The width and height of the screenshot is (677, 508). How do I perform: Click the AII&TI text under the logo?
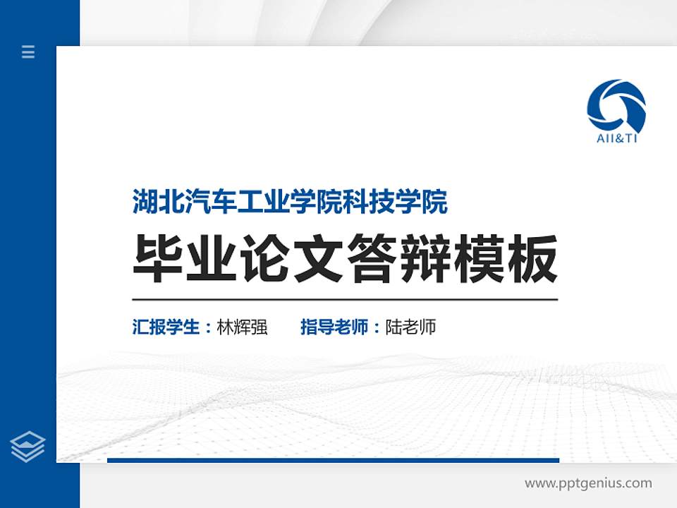pos(616,138)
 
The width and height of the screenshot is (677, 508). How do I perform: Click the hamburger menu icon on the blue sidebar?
pos(28,52)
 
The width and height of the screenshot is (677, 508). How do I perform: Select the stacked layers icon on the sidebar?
pos(28,446)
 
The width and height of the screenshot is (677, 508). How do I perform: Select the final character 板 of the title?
pos(532,259)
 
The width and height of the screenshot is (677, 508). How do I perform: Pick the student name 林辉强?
pos(243,327)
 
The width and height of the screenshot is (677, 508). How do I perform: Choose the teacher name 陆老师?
pos(411,327)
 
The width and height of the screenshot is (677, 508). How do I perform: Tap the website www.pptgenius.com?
pos(588,483)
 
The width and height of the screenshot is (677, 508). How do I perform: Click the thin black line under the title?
pos(345,299)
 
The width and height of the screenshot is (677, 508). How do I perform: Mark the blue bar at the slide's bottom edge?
pos(333,460)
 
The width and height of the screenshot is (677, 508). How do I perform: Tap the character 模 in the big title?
pos(479,259)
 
